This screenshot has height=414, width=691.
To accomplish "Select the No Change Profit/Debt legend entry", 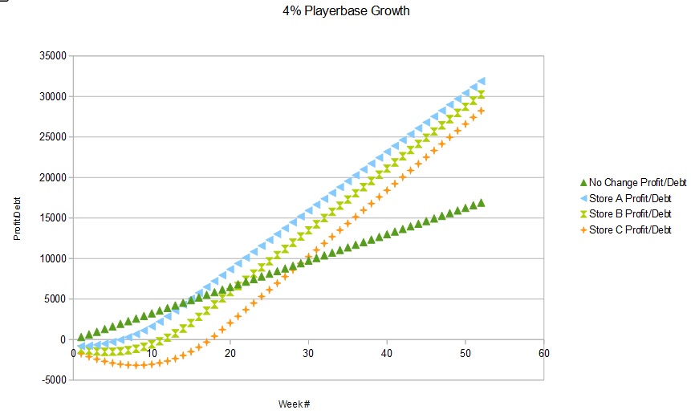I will click(632, 183).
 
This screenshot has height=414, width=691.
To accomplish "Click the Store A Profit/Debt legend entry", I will click(630, 199).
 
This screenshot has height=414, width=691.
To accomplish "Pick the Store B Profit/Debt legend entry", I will click(630, 214).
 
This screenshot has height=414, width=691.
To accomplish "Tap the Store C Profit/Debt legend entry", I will click(630, 230).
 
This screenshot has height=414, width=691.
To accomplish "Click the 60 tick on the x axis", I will click(544, 354).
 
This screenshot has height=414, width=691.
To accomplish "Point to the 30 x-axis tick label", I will click(309, 354).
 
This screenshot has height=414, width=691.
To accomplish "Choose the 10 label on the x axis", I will click(152, 354).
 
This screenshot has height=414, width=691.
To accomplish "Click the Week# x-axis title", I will click(295, 403).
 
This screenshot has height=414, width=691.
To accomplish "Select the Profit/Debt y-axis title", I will click(17, 218).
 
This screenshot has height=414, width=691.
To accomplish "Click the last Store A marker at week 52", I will click(481, 81).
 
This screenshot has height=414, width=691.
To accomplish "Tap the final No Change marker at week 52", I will click(481, 203).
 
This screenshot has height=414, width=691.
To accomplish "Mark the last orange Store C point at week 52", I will click(481, 111).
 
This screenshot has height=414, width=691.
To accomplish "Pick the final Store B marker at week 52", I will click(481, 95).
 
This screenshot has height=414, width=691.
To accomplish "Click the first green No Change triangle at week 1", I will click(81, 337).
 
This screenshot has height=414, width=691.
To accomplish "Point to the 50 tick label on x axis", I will click(465, 354).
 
